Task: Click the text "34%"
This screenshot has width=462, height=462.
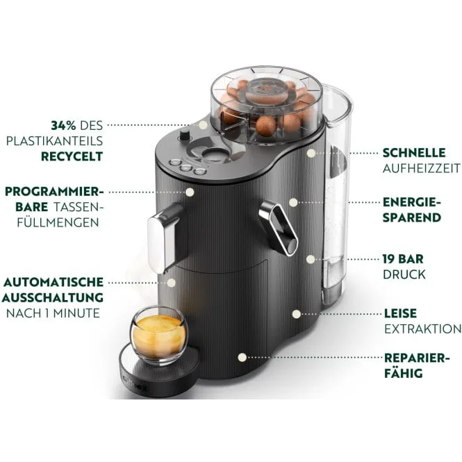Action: click(64, 126)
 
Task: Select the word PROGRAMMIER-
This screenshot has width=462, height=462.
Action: click(53, 191)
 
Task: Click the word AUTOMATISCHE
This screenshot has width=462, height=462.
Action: click(53, 282)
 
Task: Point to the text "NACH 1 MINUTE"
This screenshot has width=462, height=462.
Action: click(53, 313)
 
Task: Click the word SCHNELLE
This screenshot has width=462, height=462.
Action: click(414, 153)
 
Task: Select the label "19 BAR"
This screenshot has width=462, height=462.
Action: click(403, 258)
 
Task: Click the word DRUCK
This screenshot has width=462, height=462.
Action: click(404, 274)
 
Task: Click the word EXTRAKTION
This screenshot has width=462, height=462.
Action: click(422, 329)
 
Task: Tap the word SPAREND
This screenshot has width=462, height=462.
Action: click(412, 217)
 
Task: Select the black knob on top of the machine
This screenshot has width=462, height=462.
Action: click(185, 135)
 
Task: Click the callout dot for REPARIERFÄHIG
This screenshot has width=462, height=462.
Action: click(242, 358)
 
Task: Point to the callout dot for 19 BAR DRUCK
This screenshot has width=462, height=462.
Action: click(311, 258)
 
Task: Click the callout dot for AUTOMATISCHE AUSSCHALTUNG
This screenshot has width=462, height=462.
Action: click(172, 282)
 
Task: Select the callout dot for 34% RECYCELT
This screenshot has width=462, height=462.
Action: click(202, 126)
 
